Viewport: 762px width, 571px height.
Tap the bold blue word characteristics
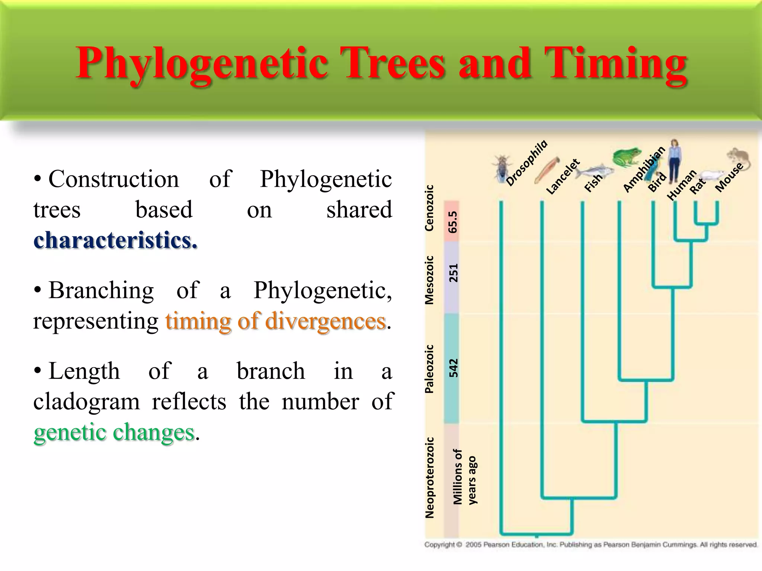115,240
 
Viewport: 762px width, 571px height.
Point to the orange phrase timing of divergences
275,321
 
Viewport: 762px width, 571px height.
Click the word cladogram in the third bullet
86,402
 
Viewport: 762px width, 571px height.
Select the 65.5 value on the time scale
452,222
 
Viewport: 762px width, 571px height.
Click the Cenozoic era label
429,208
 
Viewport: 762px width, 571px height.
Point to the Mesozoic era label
429,280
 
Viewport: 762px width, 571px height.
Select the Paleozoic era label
429,369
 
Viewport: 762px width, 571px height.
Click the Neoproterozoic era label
429,478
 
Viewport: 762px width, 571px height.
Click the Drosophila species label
526,163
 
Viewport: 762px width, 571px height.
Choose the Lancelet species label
563,177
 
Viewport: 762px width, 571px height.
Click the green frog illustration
627,157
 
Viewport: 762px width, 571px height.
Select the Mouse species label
729,177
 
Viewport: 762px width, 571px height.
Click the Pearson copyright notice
590,545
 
